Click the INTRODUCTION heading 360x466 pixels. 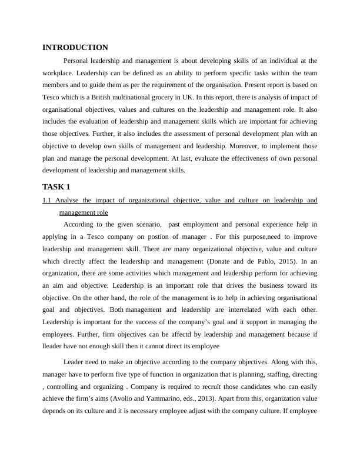(x=75, y=47)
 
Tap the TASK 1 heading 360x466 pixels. (x=56, y=187)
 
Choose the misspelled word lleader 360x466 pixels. (x=54, y=347)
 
